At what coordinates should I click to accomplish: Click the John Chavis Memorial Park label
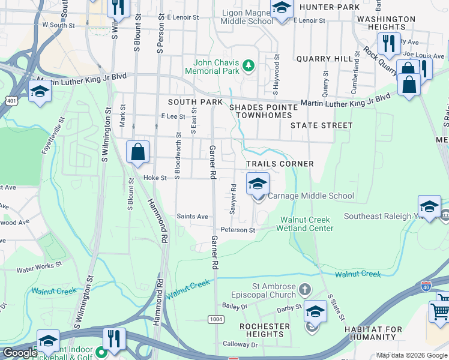[216, 67]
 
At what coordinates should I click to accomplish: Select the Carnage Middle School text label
[310, 196]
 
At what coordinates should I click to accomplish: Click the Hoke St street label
[154, 178]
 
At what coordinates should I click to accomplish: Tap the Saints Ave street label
[192, 217]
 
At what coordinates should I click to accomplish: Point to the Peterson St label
[238, 230]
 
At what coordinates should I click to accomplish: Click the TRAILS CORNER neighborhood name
[280, 164]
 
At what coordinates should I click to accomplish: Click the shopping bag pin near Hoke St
[138, 152]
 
